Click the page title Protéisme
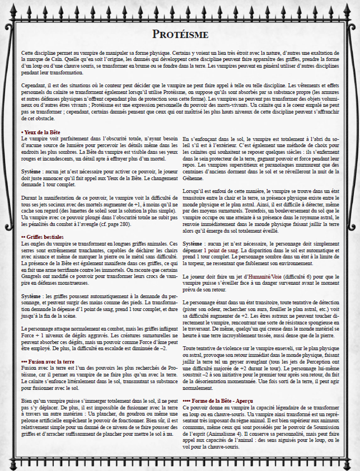click(180, 35)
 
